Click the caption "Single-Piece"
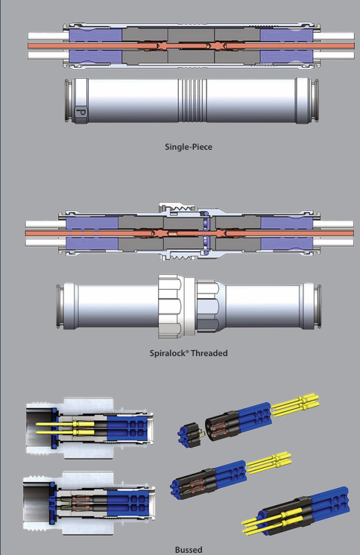[x=189, y=147]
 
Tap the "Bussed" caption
[x=189, y=550]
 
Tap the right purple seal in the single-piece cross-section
[x=282, y=46]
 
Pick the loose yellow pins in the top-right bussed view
[x=297, y=405]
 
